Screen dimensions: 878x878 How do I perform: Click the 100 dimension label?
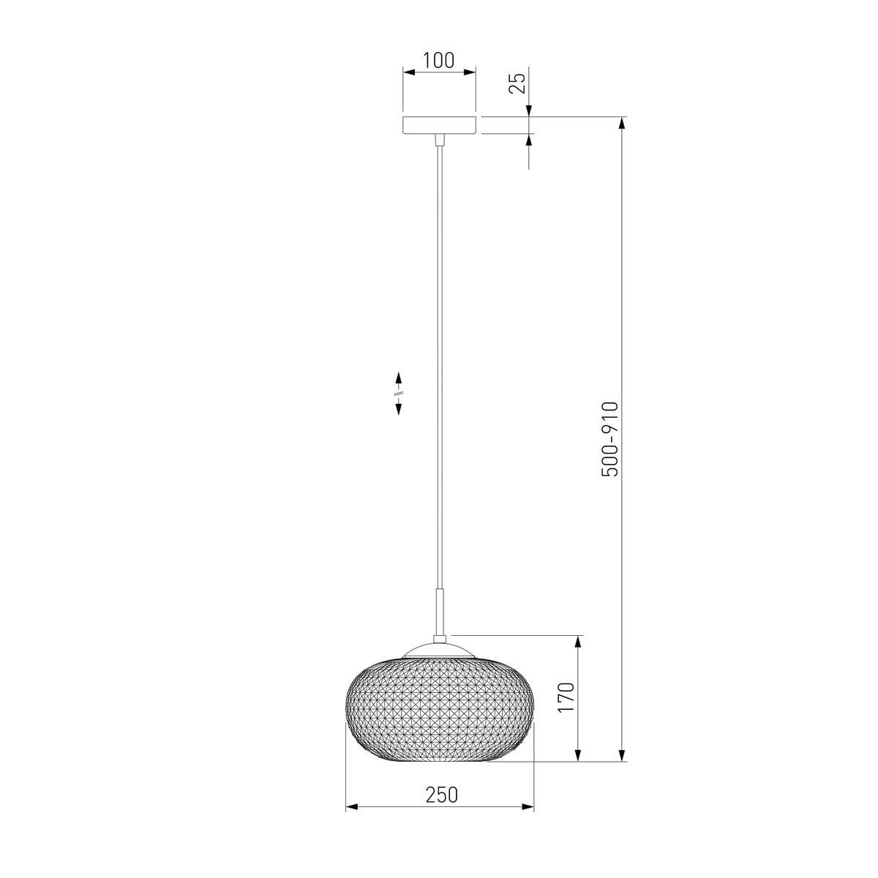click(439, 60)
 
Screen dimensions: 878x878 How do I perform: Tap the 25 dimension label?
click(517, 83)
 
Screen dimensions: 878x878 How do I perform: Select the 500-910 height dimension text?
click(609, 439)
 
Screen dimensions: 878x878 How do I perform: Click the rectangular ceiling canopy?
click(439, 125)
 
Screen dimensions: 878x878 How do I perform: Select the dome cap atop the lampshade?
click(439, 650)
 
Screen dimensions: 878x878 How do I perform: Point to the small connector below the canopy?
click(439, 140)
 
